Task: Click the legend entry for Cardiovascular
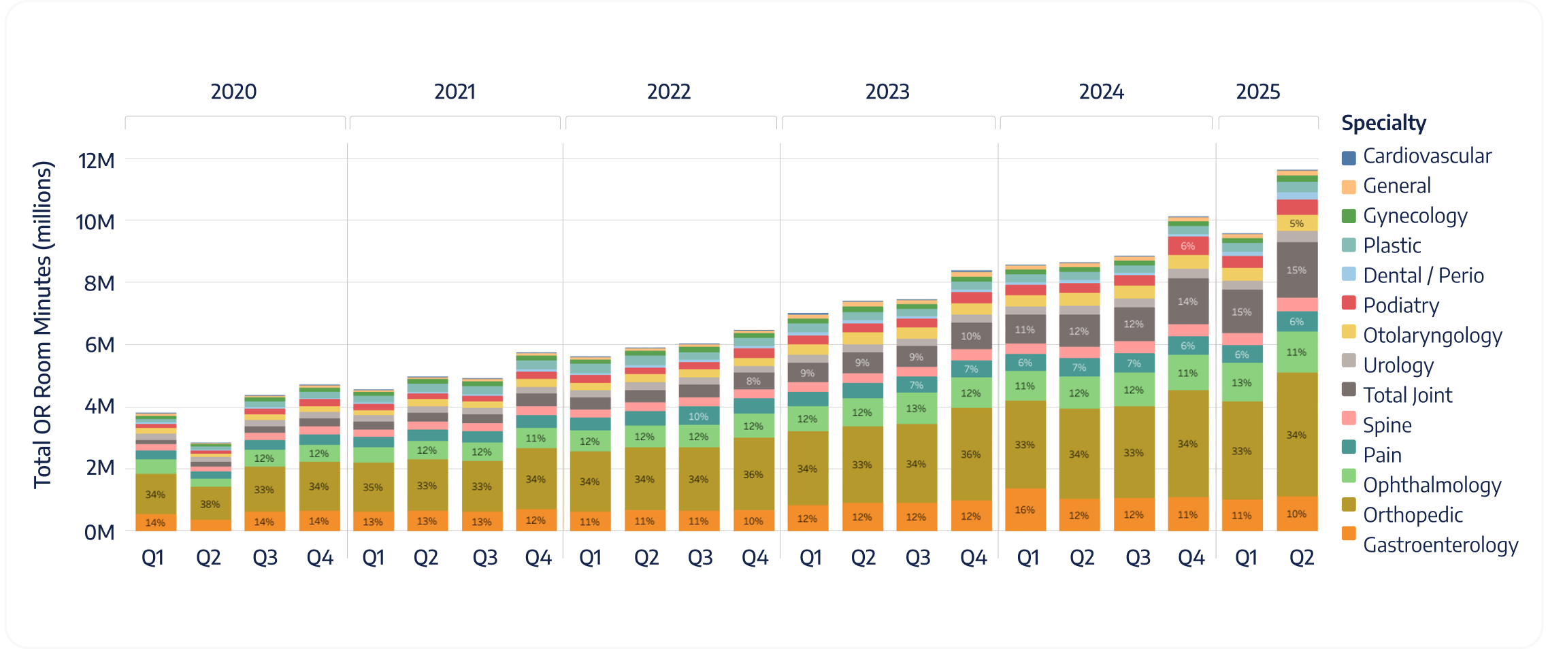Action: pyautogui.click(x=1426, y=156)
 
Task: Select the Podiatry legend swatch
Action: pyautogui.click(x=1349, y=303)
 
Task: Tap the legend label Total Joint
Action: pyautogui.click(x=1407, y=395)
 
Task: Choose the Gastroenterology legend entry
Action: pyautogui.click(x=1440, y=545)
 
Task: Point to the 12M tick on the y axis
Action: pyautogui.click(x=96, y=161)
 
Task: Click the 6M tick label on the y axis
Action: pyautogui.click(x=99, y=345)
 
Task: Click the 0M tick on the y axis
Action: pyautogui.click(x=99, y=532)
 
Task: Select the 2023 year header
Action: pyautogui.click(x=887, y=92)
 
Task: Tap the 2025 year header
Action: pyautogui.click(x=1257, y=92)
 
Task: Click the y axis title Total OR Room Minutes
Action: pyautogui.click(x=42, y=324)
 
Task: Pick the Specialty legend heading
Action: pyautogui.click(x=1383, y=123)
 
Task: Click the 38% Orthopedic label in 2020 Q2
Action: pyautogui.click(x=210, y=505)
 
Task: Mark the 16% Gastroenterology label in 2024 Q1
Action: pyautogui.click(x=1025, y=510)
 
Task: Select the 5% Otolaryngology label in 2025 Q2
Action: pyautogui.click(x=1297, y=223)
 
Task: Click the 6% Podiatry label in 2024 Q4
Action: pyautogui.click(x=1188, y=246)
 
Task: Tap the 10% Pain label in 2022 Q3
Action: pyautogui.click(x=698, y=416)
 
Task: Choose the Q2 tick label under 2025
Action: pyautogui.click(x=1301, y=559)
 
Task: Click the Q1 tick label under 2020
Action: pyautogui.click(x=152, y=559)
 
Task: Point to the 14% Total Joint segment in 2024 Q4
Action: pyautogui.click(x=1188, y=301)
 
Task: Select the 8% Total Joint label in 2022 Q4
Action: pyautogui.click(x=753, y=382)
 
